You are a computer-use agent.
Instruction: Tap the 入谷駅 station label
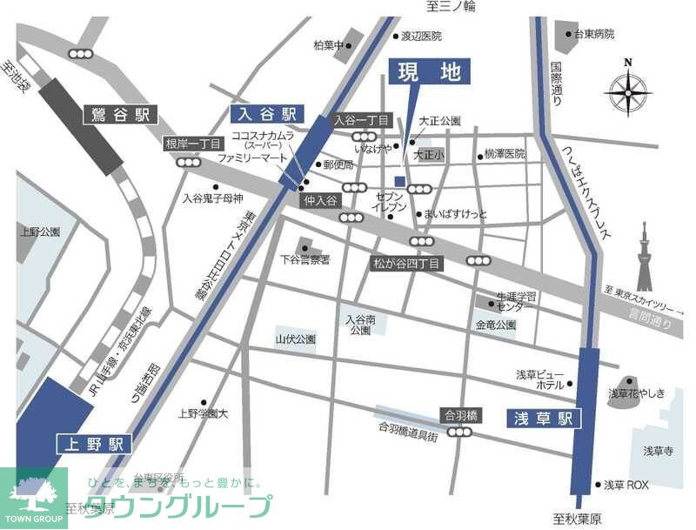click(x=264, y=113)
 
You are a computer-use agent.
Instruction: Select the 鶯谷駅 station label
click(x=122, y=114)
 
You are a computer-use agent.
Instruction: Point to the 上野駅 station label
click(x=94, y=444)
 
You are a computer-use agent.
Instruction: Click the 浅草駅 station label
click(x=543, y=419)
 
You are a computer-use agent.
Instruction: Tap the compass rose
click(x=628, y=89)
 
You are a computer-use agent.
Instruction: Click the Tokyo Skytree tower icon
click(x=644, y=257)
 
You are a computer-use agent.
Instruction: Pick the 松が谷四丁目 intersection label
click(x=408, y=262)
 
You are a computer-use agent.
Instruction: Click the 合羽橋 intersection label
click(x=462, y=415)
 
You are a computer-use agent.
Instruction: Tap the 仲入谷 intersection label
click(x=319, y=200)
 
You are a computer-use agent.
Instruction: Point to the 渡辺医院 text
click(x=420, y=37)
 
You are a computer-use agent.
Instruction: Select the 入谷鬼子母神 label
click(x=212, y=198)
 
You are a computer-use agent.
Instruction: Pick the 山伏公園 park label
click(x=295, y=339)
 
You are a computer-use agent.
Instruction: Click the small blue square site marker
click(x=399, y=181)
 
